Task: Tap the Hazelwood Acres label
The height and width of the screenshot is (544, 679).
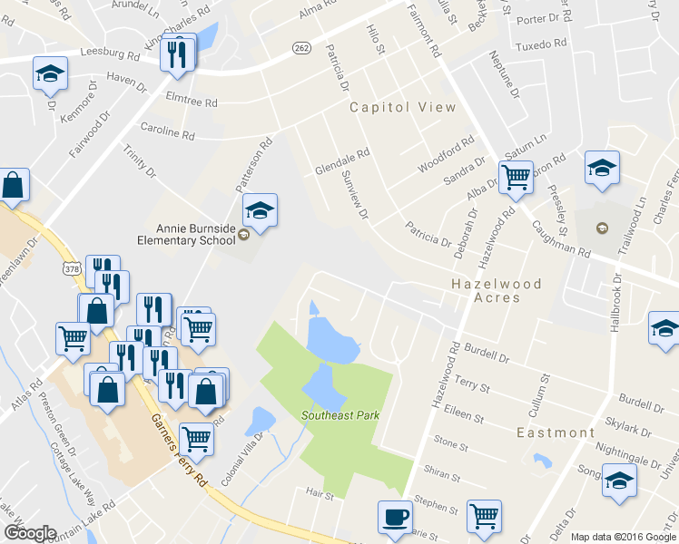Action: click(497, 290)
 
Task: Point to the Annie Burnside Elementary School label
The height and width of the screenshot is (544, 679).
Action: click(197, 235)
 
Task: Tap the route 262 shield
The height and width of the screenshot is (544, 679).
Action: click(301, 46)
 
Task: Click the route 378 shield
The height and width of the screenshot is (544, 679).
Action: click(73, 268)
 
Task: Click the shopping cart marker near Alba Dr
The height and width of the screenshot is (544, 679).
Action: click(516, 176)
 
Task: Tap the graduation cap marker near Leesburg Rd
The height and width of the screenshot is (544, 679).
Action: click(50, 73)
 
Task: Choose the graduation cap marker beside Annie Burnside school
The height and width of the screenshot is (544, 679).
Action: click(260, 211)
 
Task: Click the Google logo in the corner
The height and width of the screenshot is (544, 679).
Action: click(29, 533)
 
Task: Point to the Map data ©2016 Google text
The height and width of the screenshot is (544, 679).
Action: click(624, 537)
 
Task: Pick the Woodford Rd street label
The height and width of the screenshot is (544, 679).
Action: click(447, 155)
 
